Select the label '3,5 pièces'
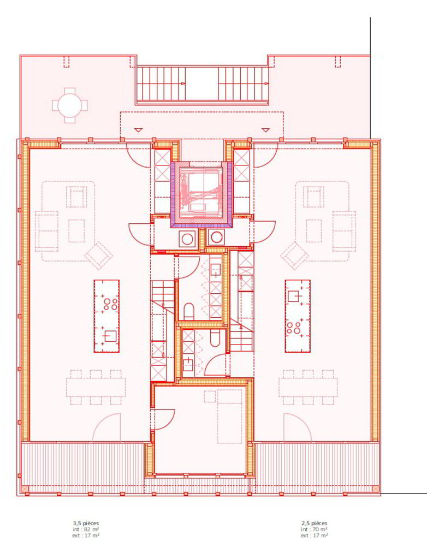click(x=86, y=523)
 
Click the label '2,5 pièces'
click(x=314, y=523)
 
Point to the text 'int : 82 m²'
click(x=86, y=529)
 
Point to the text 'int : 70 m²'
click(x=314, y=529)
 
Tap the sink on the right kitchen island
click(x=294, y=295)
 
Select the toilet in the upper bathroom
click(x=189, y=311)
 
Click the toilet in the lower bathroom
click(x=215, y=339)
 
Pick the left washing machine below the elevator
click(x=187, y=239)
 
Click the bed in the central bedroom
click(x=229, y=417)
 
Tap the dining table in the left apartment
click(x=96, y=387)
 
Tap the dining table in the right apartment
click(x=308, y=387)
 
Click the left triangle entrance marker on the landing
click(x=139, y=130)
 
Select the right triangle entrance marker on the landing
click(x=266, y=130)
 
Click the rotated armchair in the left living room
click(x=99, y=256)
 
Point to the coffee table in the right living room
click(x=314, y=230)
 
